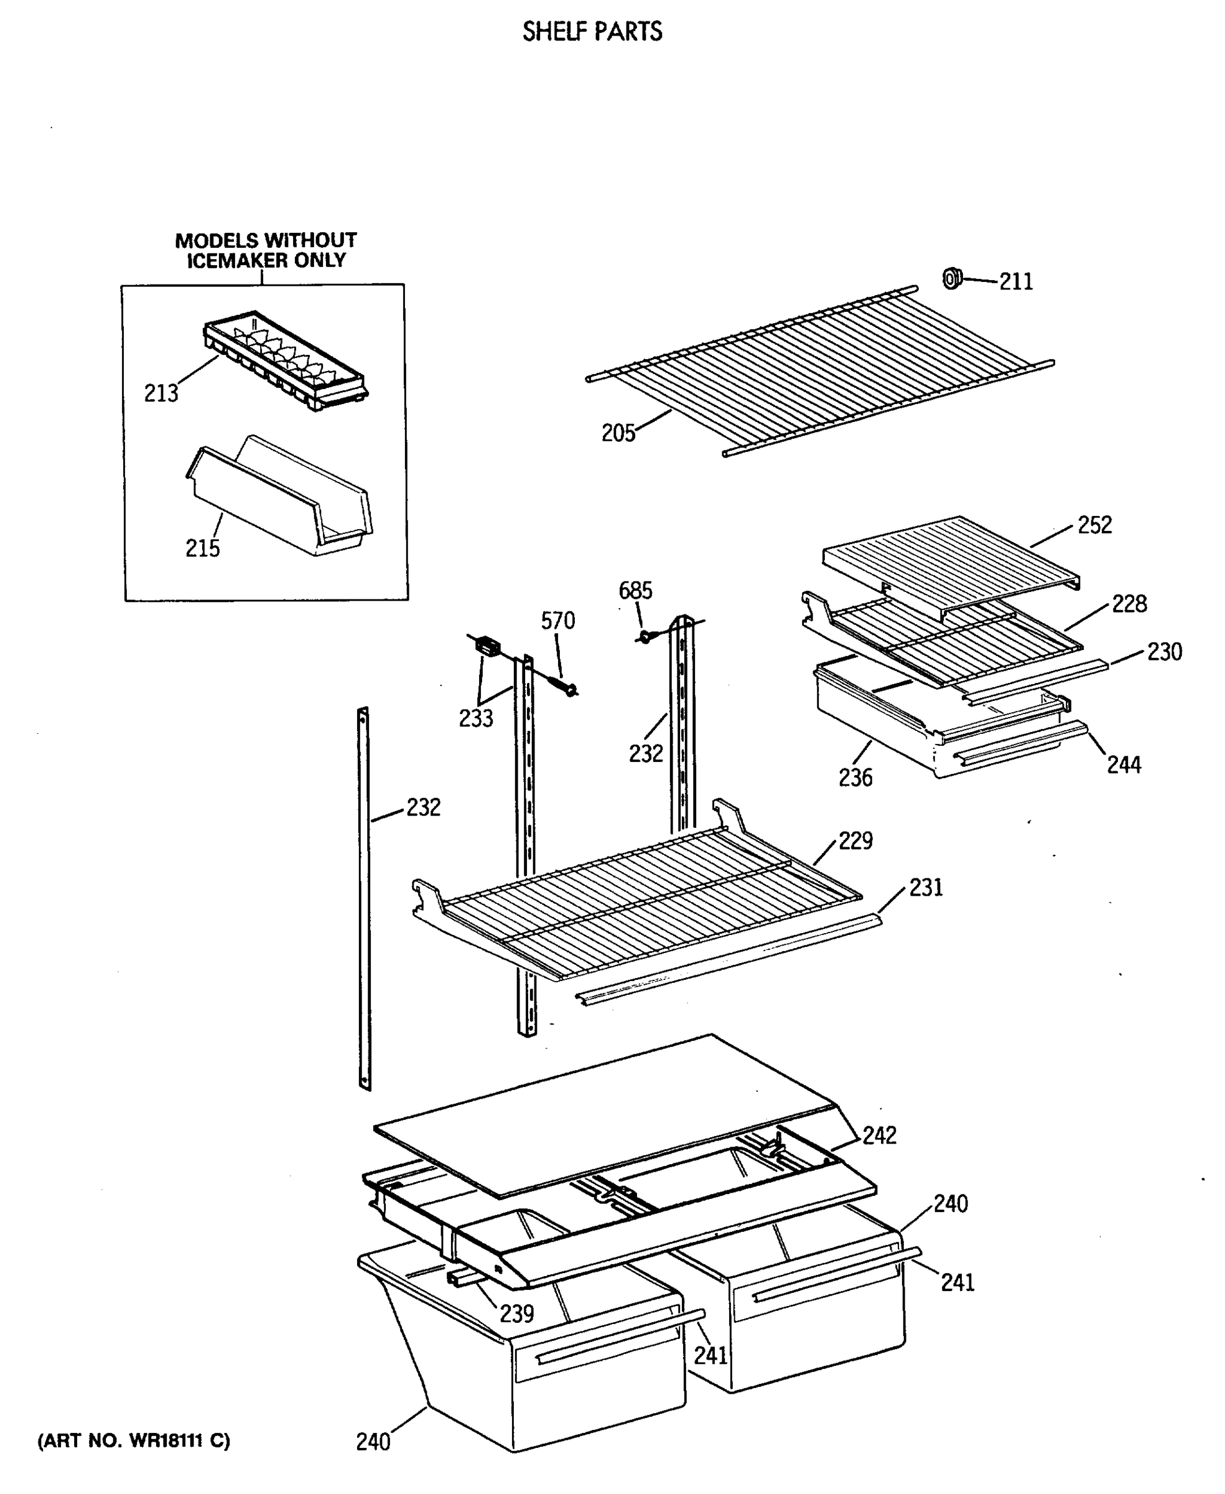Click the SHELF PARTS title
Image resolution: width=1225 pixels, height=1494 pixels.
tap(592, 32)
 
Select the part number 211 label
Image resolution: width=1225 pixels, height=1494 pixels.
tap(1015, 282)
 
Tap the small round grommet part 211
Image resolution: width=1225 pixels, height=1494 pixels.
tap(952, 279)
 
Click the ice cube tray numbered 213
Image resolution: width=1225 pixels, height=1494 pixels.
tap(286, 360)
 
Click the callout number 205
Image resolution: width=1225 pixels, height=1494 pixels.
tap(618, 433)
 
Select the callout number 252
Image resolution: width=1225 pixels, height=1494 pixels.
tap(1094, 525)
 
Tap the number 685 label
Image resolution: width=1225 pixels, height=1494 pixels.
tap(635, 590)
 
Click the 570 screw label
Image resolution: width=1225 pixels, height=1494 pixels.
tap(557, 621)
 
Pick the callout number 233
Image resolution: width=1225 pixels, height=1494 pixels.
tap(475, 718)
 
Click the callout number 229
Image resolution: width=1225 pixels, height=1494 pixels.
tap(855, 840)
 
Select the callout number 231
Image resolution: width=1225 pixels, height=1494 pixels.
tap(926, 888)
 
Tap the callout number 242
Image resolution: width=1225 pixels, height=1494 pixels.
tap(879, 1135)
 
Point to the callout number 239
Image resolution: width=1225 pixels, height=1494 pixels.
tap(516, 1313)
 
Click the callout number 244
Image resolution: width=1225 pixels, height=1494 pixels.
tap(1124, 764)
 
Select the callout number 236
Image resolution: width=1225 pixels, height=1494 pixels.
tap(855, 778)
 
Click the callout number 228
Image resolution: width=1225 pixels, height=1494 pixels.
tap(1129, 604)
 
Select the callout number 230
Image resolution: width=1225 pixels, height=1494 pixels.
tap(1164, 652)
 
